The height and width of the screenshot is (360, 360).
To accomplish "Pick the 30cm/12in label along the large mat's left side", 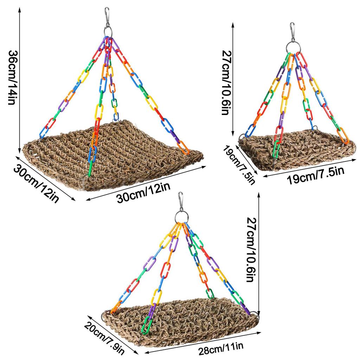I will [x=36, y=183].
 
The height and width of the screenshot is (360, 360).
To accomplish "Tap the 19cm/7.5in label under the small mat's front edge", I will [x=316, y=176].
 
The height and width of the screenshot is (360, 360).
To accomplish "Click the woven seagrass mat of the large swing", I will [x=112, y=155].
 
